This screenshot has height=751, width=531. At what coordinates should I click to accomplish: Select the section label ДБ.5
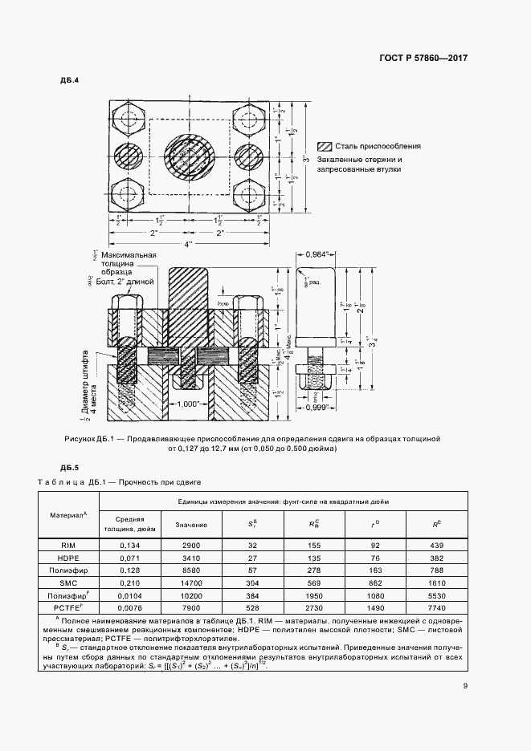click(x=70, y=467)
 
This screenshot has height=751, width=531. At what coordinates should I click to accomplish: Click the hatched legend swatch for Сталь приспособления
click(x=325, y=147)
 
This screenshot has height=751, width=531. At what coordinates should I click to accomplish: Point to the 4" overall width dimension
click(x=188, y=243)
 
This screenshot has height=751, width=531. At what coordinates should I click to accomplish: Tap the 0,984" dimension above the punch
click(x=320, y=254)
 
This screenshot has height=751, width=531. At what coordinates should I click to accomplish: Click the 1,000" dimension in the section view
click(x=188, y=404)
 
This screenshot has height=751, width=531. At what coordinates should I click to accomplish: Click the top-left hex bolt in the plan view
click(x=129, y=118)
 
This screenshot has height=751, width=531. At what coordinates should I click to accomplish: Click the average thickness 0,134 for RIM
click(x=125, y=544)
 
